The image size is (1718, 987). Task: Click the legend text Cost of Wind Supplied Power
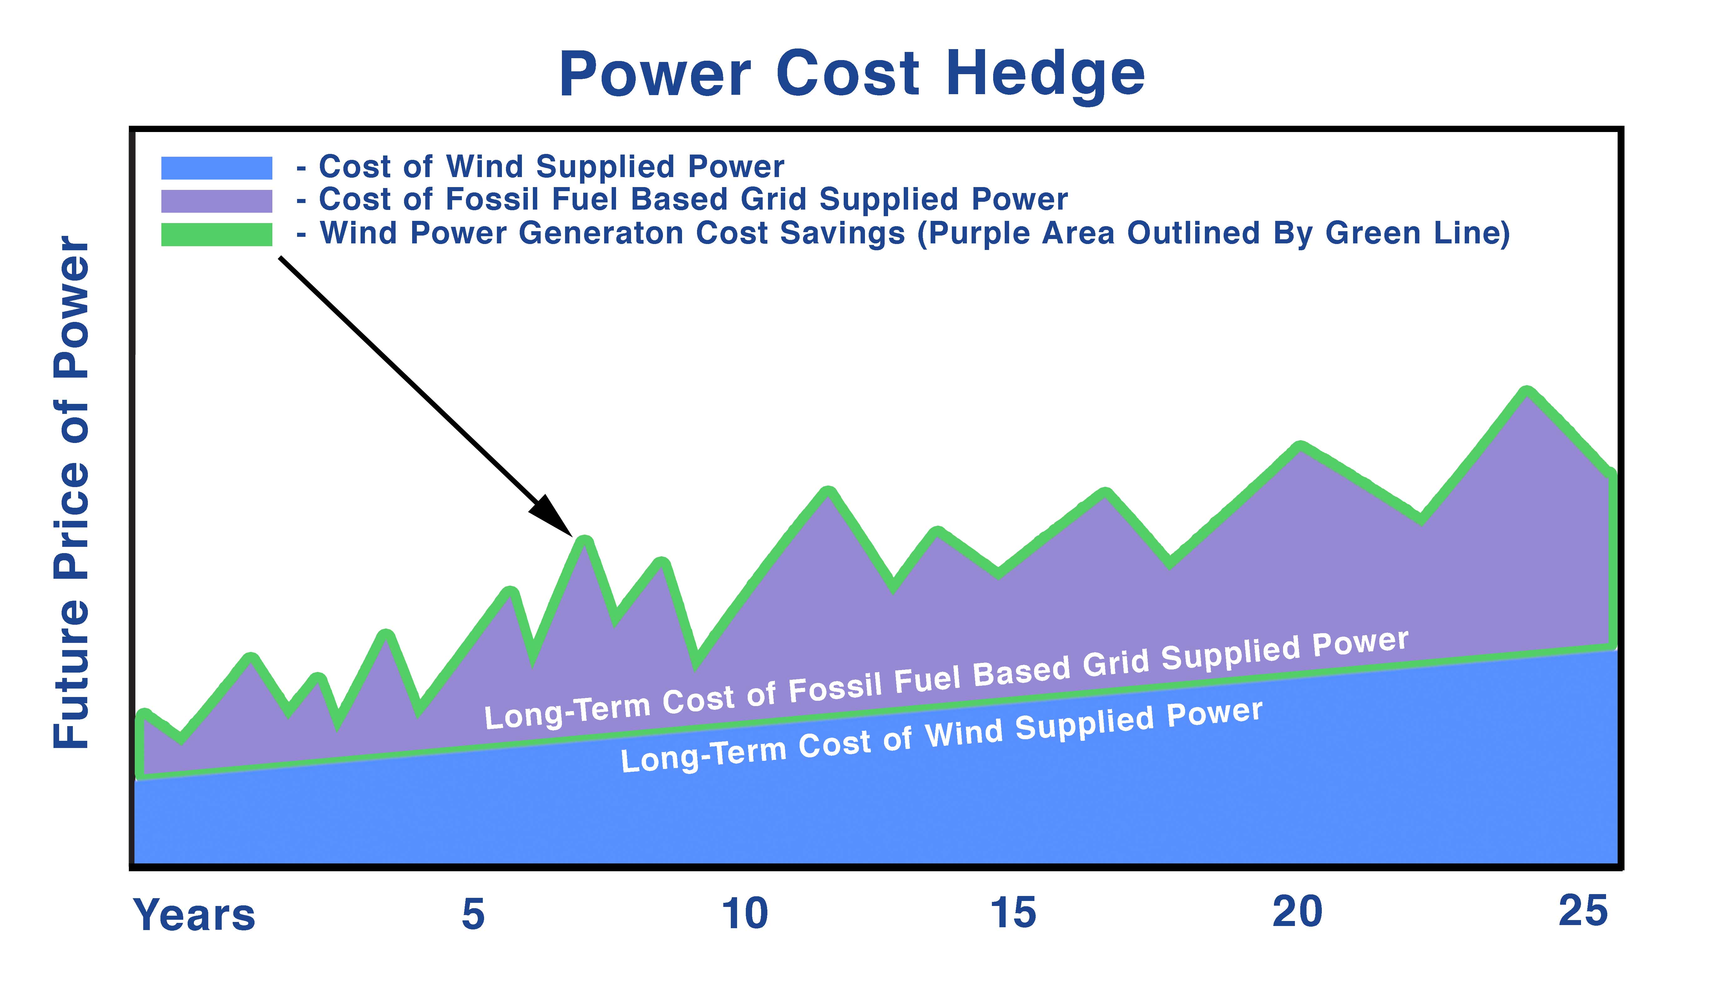pyautogui.click(x=551, y=167)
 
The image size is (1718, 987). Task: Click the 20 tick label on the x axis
pyautogui.click(x=1297, y=912)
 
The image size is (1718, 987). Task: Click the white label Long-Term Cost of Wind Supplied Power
pyautogui.click(x=942, y=736)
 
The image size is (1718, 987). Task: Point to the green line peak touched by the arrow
pyautogui.click(x=584, y=540)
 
